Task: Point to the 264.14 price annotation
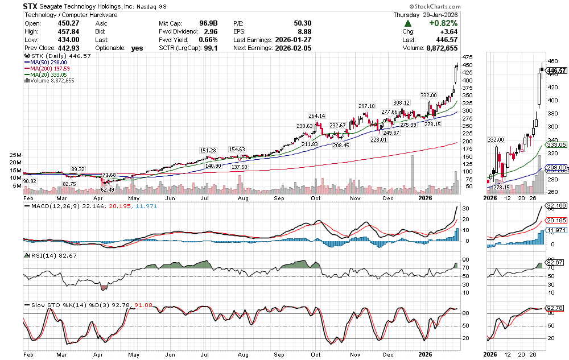coord(316,116)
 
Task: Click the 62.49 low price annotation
coord(108,189)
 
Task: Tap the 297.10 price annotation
coord(366,106)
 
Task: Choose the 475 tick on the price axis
coord(468,57)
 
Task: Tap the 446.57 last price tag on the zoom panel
coord(556,71)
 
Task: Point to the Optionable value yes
coord(137,48)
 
